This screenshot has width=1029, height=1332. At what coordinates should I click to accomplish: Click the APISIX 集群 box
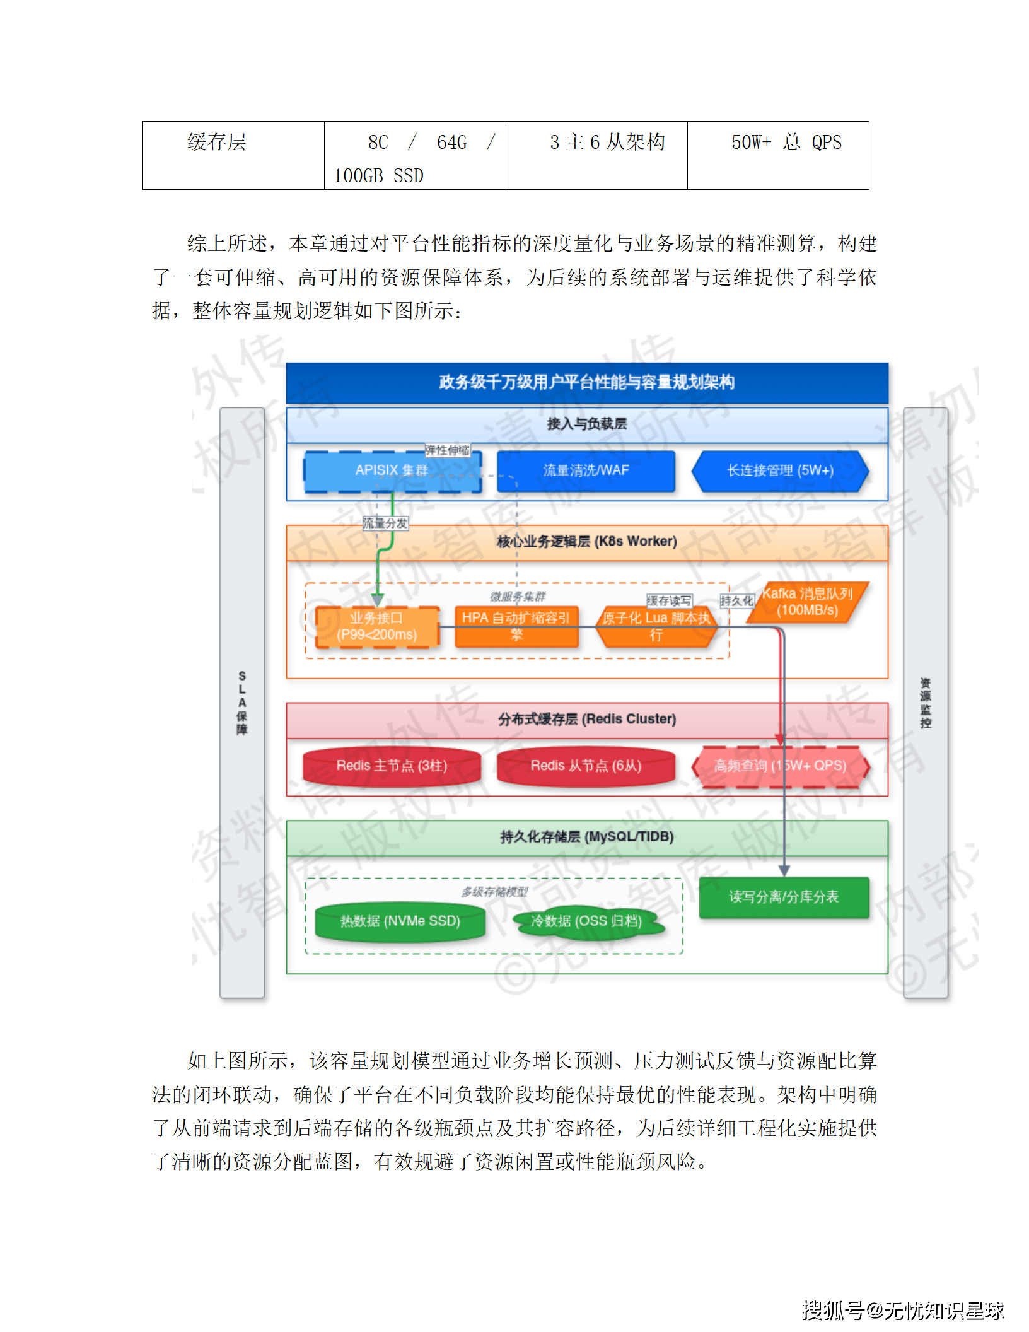click(x=392, y=470)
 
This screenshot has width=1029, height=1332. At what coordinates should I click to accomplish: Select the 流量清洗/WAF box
click(x=586, y=470)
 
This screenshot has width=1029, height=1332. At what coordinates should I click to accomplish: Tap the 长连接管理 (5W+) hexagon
click(x=780, y=470)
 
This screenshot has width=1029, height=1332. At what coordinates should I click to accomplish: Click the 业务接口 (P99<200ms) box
click(x=377, y=626)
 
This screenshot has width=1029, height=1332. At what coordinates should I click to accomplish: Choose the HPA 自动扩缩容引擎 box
click(x=516, y=626)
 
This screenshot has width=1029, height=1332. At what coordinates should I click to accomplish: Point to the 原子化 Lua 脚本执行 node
click(x=656, y=626)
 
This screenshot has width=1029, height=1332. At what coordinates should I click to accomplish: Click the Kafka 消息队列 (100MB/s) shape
click(x=807, y=602)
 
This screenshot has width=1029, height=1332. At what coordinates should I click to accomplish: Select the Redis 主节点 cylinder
click(x=392, y=766)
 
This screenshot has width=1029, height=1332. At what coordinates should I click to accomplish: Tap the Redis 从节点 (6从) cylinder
click(x=586, y=766)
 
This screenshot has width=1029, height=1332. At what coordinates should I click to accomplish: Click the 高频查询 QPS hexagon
click(x=780, y=766)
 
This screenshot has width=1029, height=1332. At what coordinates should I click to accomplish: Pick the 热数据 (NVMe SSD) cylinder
click(x=400, y=921)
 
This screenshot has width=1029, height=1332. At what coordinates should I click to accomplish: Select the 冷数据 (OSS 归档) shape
click(x=586, y=921)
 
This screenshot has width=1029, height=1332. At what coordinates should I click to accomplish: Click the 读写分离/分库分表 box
click(x=784, y=897)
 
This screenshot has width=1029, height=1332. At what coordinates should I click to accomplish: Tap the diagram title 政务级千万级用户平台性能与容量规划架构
click(x=586, y=382)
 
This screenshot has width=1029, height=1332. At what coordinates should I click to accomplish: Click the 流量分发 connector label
click(x=385, y=523)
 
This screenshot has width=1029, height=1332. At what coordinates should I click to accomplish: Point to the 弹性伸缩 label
click(x=447, y=450)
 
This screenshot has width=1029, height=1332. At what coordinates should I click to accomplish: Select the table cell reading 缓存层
click(x=217, y=143)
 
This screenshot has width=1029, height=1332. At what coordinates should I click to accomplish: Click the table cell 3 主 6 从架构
click(x=607, y=143)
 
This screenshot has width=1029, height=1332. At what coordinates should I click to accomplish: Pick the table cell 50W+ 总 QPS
click(x=786, y=143)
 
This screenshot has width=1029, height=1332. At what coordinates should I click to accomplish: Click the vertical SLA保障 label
click(x=242, y=703)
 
